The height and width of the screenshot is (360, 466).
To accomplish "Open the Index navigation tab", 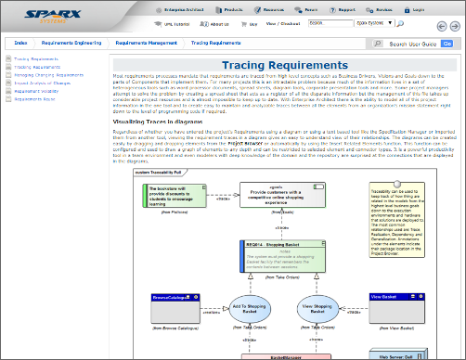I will coord(21,44).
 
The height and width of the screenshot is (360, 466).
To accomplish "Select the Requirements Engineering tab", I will coord(71,44).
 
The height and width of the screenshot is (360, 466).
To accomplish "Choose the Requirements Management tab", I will coord(147,44).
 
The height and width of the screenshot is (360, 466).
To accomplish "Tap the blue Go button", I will coord(448,44).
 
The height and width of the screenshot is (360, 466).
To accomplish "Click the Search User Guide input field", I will coord(408,44).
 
